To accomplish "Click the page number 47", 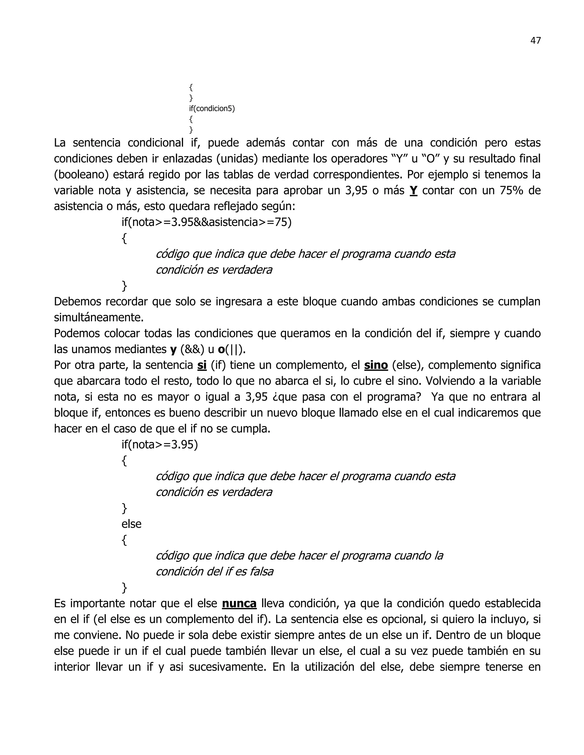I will (x=535, y=41).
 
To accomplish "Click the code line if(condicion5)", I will (x=212, y=109).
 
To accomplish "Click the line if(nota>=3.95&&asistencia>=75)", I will (x=206, y=222).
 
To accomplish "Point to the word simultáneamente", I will (x=99, y=317).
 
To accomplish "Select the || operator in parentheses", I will (x=235, y=350).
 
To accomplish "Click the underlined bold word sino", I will (x=376, y=365).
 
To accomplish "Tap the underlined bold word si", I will (x=202, y=365).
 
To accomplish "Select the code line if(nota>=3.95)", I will (x=159, y=444).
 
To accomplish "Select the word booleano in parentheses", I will (x=81, y=175).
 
